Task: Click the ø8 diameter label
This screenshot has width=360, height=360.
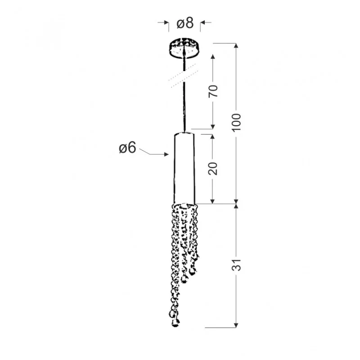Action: (x=185, y=23)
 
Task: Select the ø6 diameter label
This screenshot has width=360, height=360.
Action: (x=127, y=148)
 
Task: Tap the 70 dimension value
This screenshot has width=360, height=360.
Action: (x=213, y=91)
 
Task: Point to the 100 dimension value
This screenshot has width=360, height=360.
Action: (x=237, y=122)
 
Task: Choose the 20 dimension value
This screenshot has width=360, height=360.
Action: (x=212, y=168)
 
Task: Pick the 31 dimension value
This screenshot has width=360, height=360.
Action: (x=237, y=265)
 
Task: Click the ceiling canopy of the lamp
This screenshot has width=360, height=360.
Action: (x=184, y=49)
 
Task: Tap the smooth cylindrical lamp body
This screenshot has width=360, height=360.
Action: (x=184, y=168)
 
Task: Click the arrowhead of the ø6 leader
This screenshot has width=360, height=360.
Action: (x=166, y=154)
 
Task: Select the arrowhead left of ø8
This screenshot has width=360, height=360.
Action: (x=166, y=22)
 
